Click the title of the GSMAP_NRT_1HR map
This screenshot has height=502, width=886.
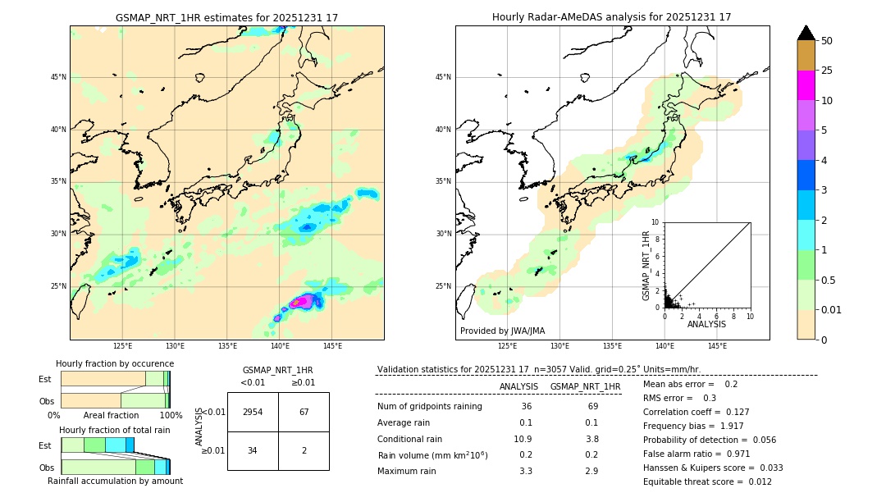point(226,17)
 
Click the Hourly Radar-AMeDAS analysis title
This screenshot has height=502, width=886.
point(611,17)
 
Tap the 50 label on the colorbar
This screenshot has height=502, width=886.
point(827,40)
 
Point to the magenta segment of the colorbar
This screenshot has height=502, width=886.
point(806,85)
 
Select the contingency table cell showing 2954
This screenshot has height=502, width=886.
point(253,412)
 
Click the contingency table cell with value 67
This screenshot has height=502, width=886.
point(304,412)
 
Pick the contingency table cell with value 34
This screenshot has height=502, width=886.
point(253,450)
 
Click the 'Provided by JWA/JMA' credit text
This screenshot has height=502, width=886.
point(502,331)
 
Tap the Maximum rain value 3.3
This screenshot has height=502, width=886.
point(526,471)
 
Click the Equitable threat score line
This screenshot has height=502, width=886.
point(707,481)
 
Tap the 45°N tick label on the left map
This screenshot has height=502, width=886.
point(58,77)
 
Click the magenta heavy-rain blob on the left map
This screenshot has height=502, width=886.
point(301,302)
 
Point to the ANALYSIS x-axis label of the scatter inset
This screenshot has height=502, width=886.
point(706,324)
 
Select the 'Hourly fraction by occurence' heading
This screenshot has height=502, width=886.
point(115,363)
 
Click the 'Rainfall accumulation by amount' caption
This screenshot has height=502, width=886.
point(115,481)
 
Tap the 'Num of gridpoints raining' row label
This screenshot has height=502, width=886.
point(430,407)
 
